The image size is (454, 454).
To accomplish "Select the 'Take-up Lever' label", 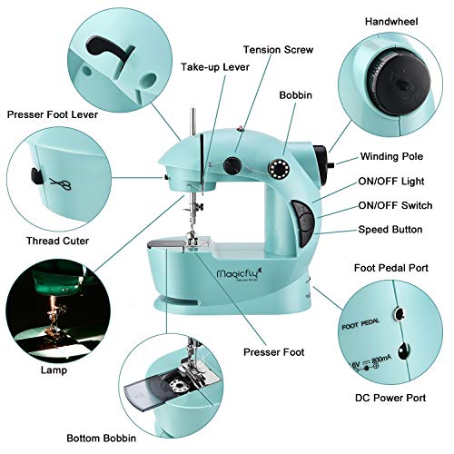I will tap(214, 67).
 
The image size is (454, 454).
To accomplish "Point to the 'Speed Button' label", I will tap(392, 230).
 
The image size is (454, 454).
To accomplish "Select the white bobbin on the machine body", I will tap(277, 169).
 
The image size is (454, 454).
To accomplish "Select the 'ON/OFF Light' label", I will tap(391, 181).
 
